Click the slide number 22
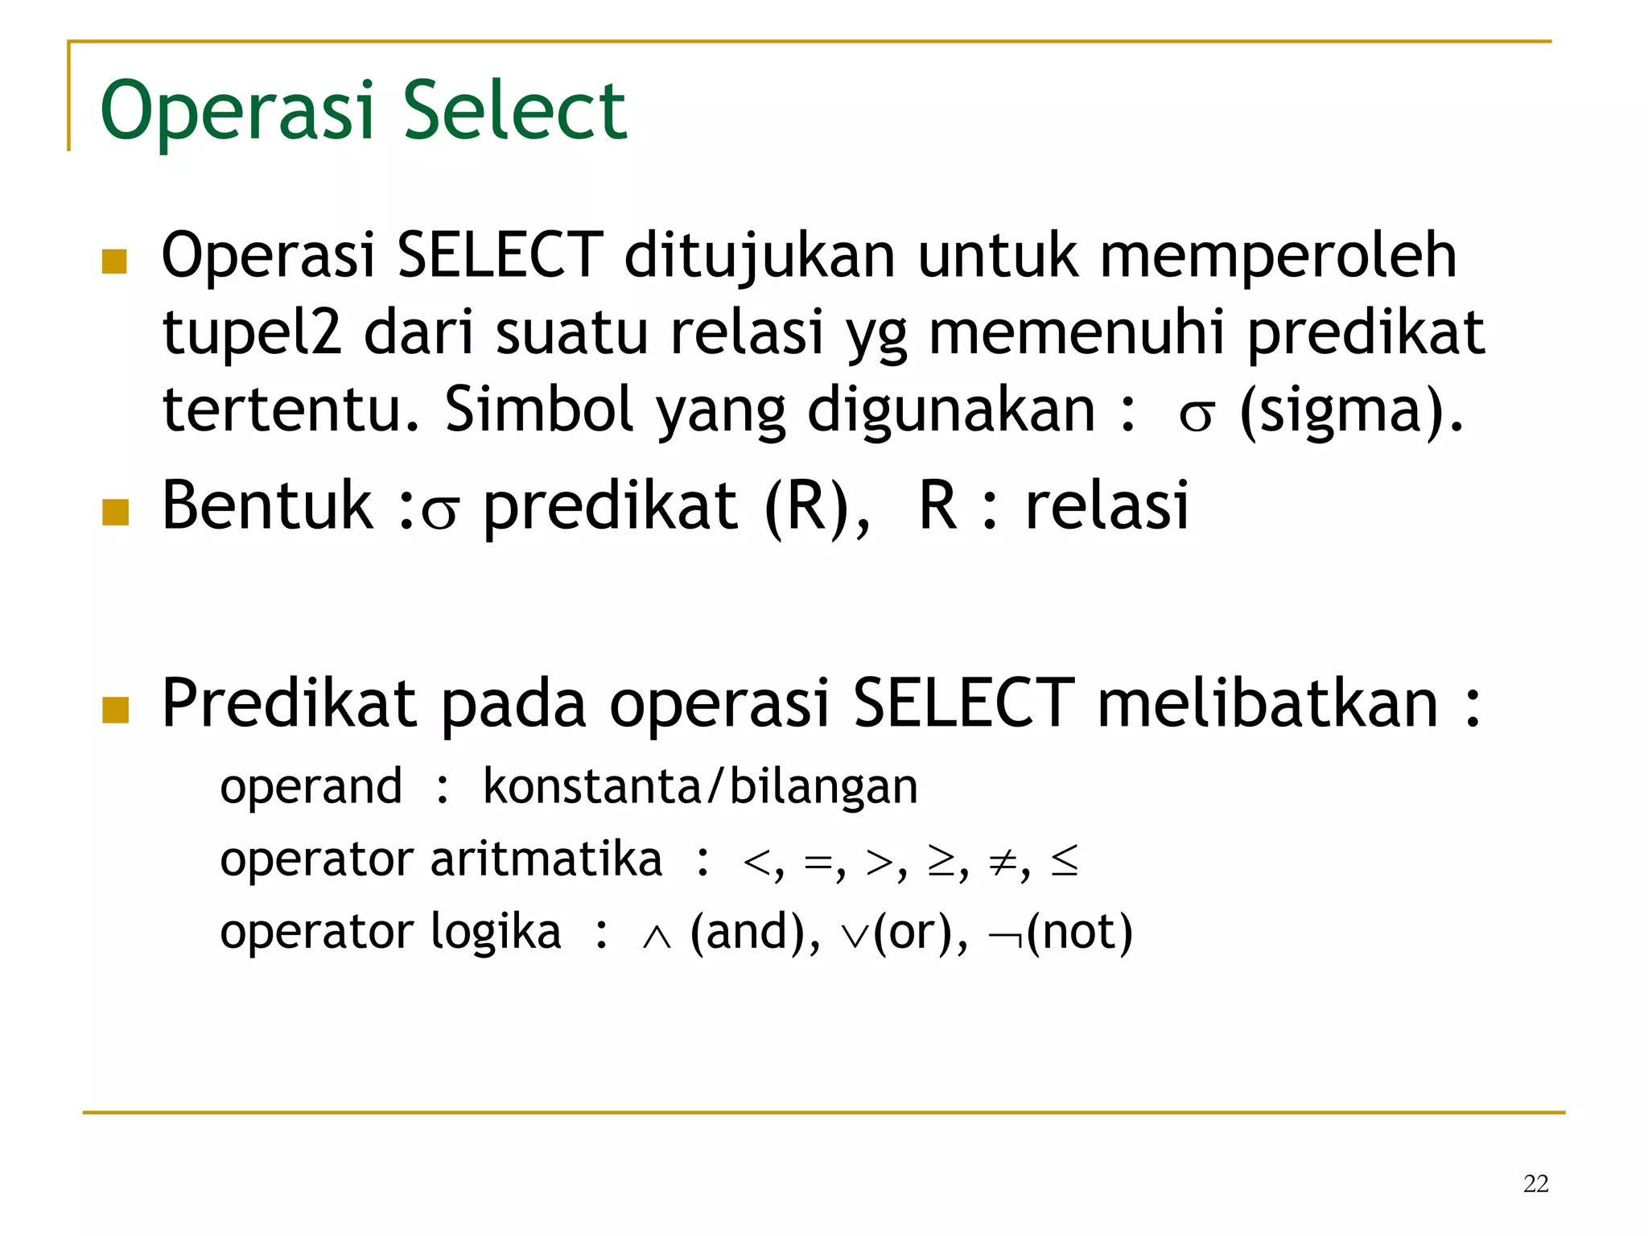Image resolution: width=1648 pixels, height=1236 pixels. (1535, 1184)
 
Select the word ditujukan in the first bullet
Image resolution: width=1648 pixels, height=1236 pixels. (760, 256)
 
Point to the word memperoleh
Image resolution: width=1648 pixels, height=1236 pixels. (1278, 256)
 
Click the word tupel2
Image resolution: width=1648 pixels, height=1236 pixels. (252, 332)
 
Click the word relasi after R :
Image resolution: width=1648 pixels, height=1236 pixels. (1106, 506)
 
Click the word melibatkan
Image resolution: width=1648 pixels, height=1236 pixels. (1268, 703)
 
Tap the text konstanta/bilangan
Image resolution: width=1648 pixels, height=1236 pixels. (700, 786)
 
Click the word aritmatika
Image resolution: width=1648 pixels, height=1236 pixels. (546, 859)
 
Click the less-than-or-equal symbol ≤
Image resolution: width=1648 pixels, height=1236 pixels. (1064, 862)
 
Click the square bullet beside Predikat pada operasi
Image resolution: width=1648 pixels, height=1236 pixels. (116, 710)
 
